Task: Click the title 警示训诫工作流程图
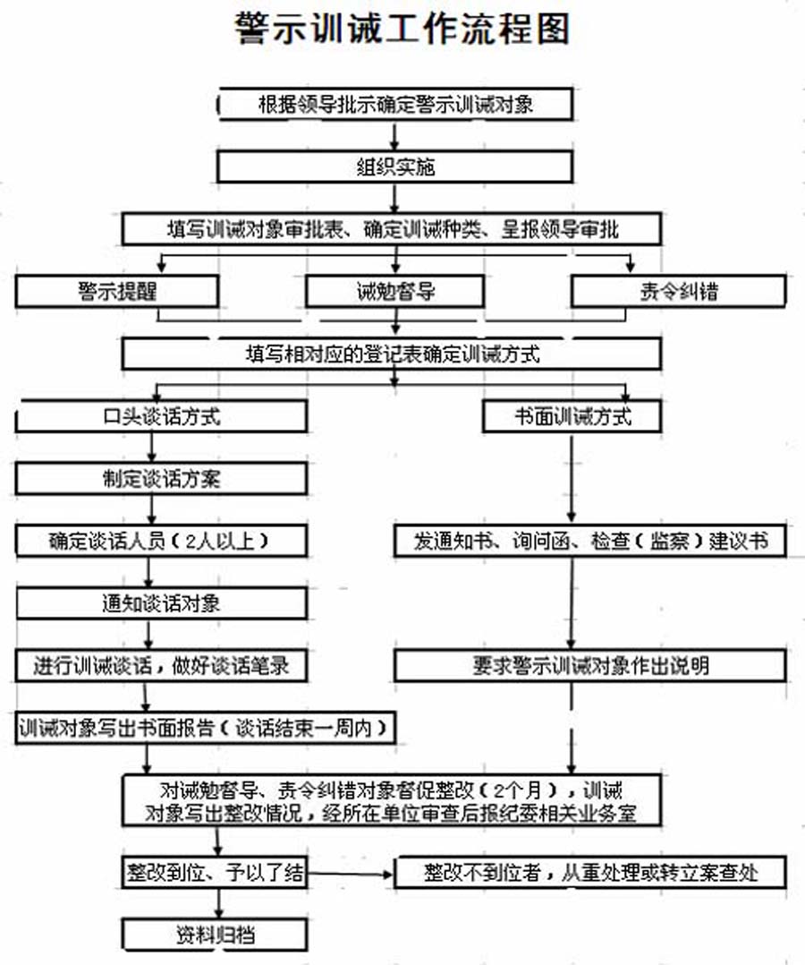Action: (x=402, y=29)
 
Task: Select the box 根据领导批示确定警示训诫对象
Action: (x=394, y=104)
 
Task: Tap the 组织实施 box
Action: (x=394, y=167)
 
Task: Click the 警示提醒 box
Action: (x=117, y=292)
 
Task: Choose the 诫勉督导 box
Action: (x=394, y=292)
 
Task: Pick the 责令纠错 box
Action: (x=679, y=292)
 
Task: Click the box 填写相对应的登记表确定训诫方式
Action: (x=392, y=354)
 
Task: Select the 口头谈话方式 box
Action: (x=161, y=416)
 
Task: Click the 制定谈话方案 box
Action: (x=161, y=479)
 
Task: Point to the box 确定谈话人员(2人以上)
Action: (x=161, y=541)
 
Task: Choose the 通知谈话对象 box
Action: (x=161, y=603)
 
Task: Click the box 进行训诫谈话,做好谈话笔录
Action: (x=161, y=666)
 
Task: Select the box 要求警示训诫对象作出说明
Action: (x=590, y=666)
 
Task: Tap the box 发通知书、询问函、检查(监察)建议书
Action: (x=590, y=541)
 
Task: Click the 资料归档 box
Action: (x=215, y=935)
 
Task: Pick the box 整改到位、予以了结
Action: (x=215, y=873)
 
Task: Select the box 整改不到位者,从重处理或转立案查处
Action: (x=590, y=873)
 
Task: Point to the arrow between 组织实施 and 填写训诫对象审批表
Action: (x=394, y=198)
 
